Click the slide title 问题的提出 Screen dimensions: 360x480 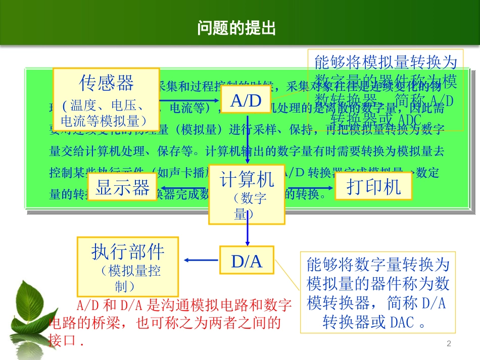pos(236,28)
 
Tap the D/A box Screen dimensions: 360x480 pos(247,261)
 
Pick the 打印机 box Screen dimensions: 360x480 pos(373,186)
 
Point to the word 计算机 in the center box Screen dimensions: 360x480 pos(247,179)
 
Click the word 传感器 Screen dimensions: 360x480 pos(106,82)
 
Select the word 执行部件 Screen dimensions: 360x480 pos(128,251)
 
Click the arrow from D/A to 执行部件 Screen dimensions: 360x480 pos(201,260)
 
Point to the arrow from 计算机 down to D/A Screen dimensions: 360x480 pos(248,235)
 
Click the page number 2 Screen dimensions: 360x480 pos(448,344)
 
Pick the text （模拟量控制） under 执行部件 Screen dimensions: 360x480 pos(128,279)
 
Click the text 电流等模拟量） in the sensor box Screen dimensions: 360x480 pos(104,121)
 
